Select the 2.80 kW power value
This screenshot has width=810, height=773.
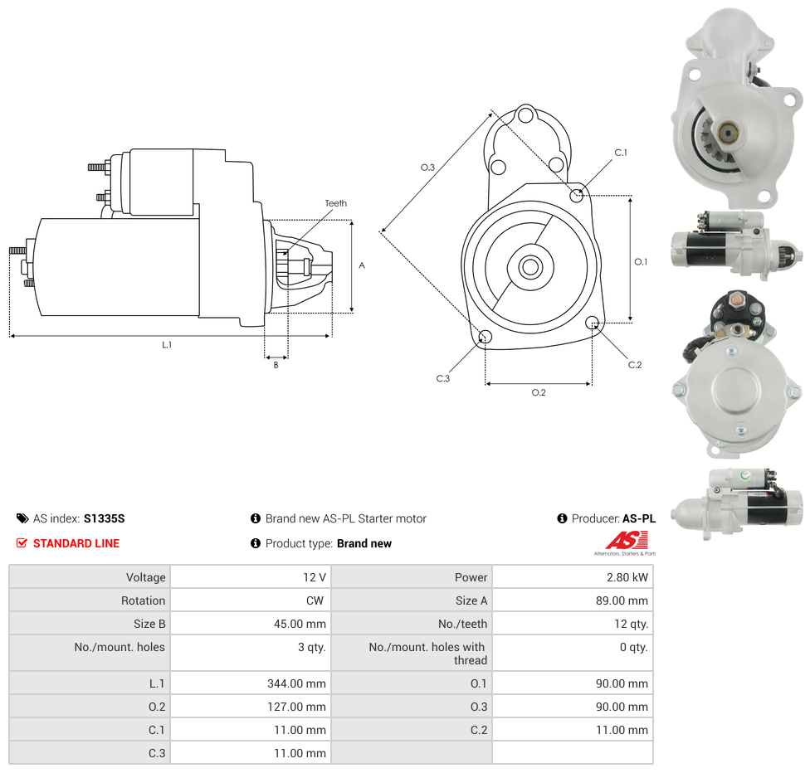pyautogui.click(x=627, y=577)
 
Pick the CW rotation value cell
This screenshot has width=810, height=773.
pyautogui.click(x=315, y=600)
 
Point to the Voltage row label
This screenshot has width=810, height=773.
pyautogui.click(x=146, y=577)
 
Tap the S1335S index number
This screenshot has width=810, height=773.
pyautogui.click(x=104, y=518)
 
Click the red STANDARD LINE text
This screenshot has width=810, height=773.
pyautogui.click(x=76, y=543)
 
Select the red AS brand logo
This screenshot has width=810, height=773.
pyautogui.click(x=621, y=541)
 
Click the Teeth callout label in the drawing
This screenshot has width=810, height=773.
pyautogui.click(x=336, y=203)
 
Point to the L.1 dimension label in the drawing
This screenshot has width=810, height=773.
pyautogui.click(x=167, y=344)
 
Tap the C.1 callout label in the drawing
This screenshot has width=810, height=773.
pyautogui.click(x=621, y=153)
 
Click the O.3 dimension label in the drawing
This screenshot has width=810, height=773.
pyautogui.click(x=427, y=168)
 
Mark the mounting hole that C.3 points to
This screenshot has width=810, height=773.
pyautogui.click(x=486, y=337)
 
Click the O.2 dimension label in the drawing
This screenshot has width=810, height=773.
pyautogui.click(x=539, y=392)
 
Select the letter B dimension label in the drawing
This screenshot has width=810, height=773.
pyautogui.click(x=276, y=365)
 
